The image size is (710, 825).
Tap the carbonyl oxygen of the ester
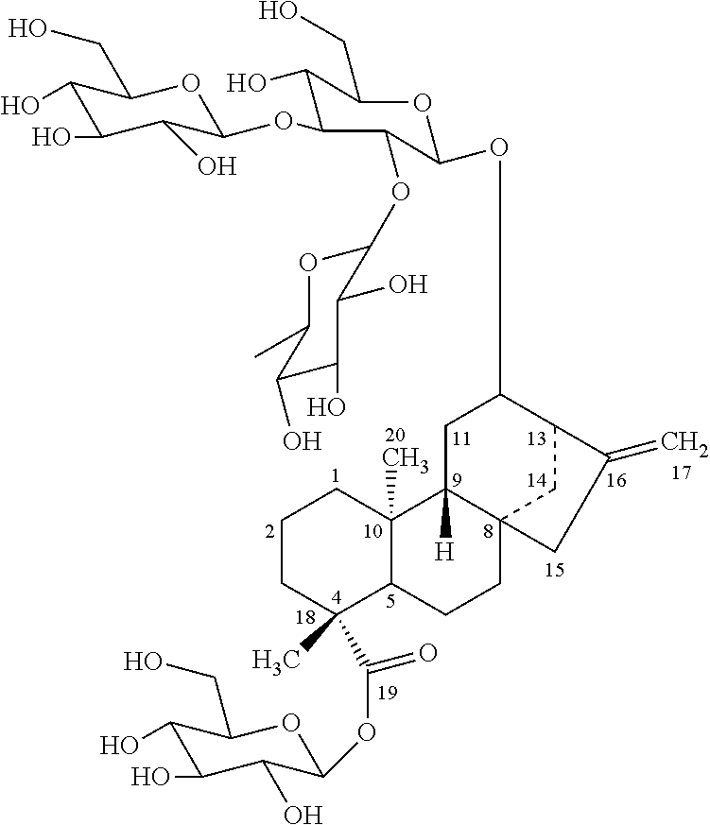tap(427, 652)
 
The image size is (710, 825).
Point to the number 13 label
tap(536, 439)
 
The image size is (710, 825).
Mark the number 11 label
tap(461, 438)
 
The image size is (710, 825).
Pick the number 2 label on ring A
tap(270, 533)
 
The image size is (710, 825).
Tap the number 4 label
tap(336, 597)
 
